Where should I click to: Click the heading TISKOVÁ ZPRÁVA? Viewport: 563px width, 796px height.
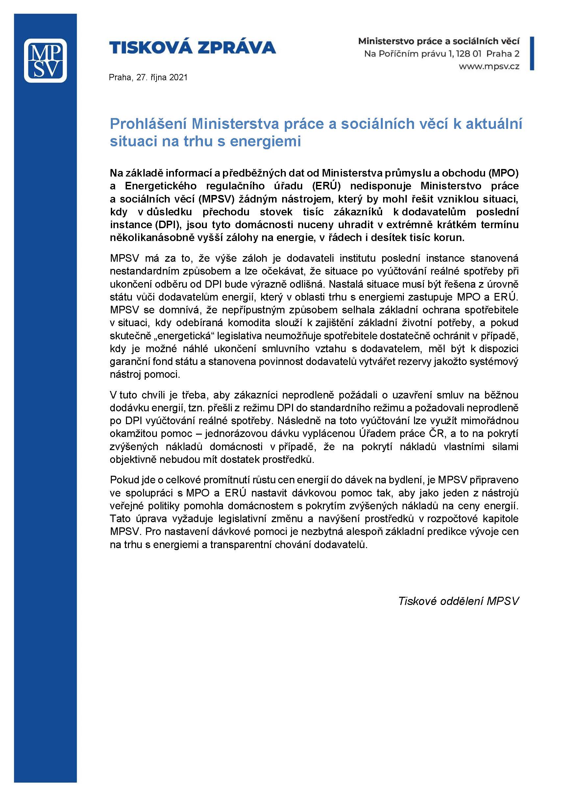pyautogui.click(x=192, y=47)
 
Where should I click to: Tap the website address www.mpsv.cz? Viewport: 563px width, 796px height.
pyautogui.click(x=489, y=66)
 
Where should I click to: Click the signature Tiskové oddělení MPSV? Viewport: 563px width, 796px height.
pyautogui.click(x=458, y=601)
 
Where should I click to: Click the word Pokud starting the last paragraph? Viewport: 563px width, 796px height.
pyautogui.click(x=123, y=480)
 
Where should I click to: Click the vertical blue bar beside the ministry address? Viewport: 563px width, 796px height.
pyautogui.click(x=531, y=54)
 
